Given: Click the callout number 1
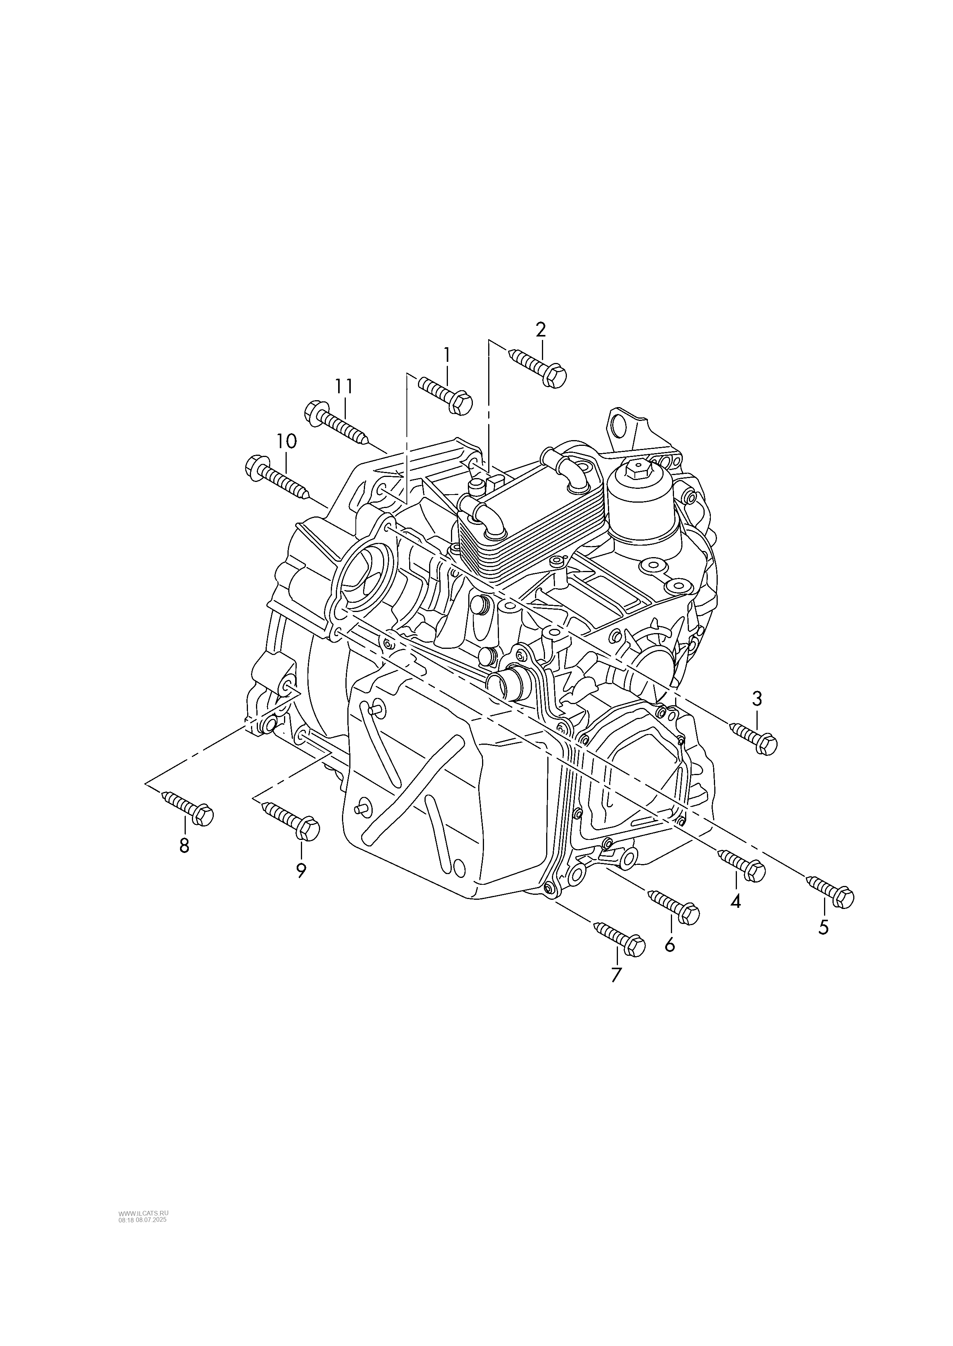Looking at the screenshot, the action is (447, 355).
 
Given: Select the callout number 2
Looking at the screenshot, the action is (540, 329).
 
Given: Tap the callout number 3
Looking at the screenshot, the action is (757, 698).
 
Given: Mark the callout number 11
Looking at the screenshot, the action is (344, 386).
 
